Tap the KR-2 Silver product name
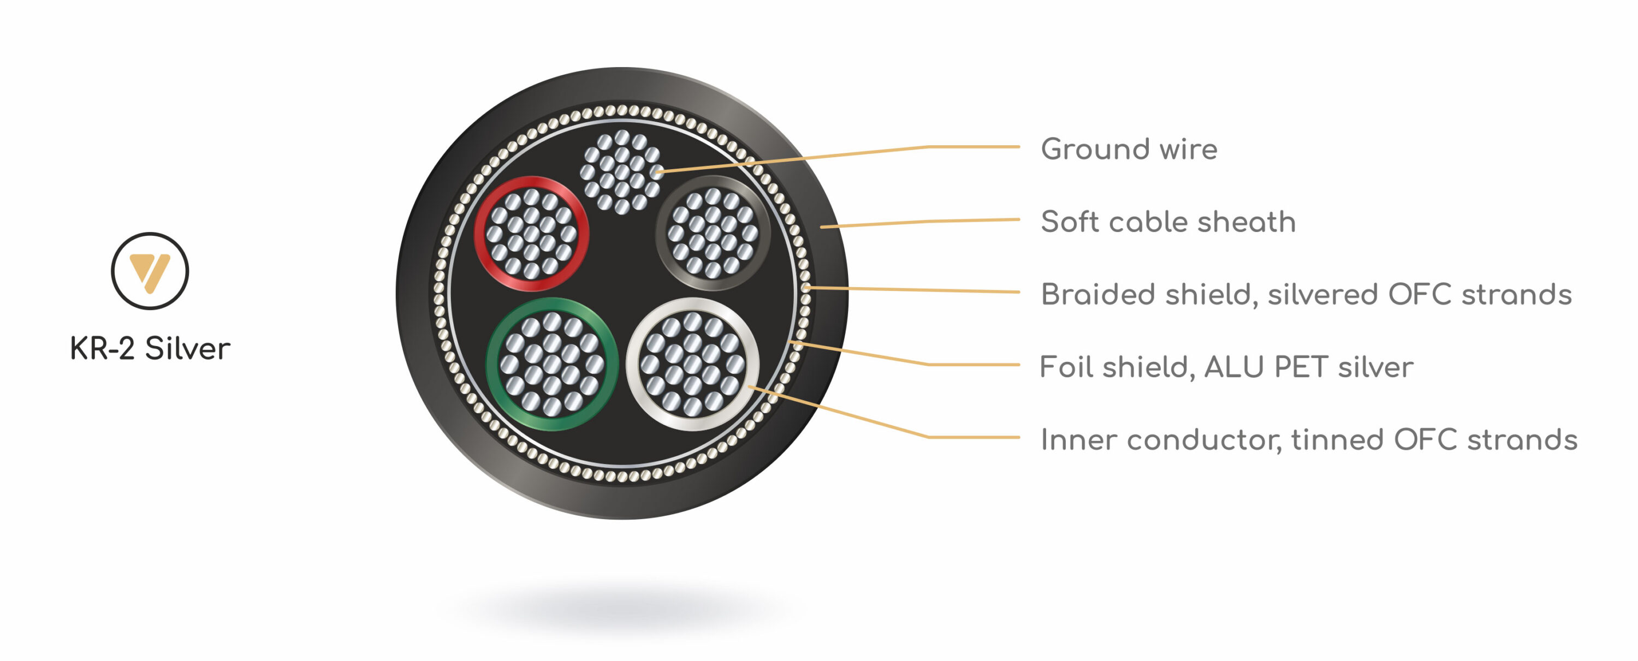coord(150,348)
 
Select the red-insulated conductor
coord(532,233)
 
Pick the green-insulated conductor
coord(551,364)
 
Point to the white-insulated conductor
coord(692,364)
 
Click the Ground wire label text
coord(1129,150)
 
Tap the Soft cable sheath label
coord(1167,222)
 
